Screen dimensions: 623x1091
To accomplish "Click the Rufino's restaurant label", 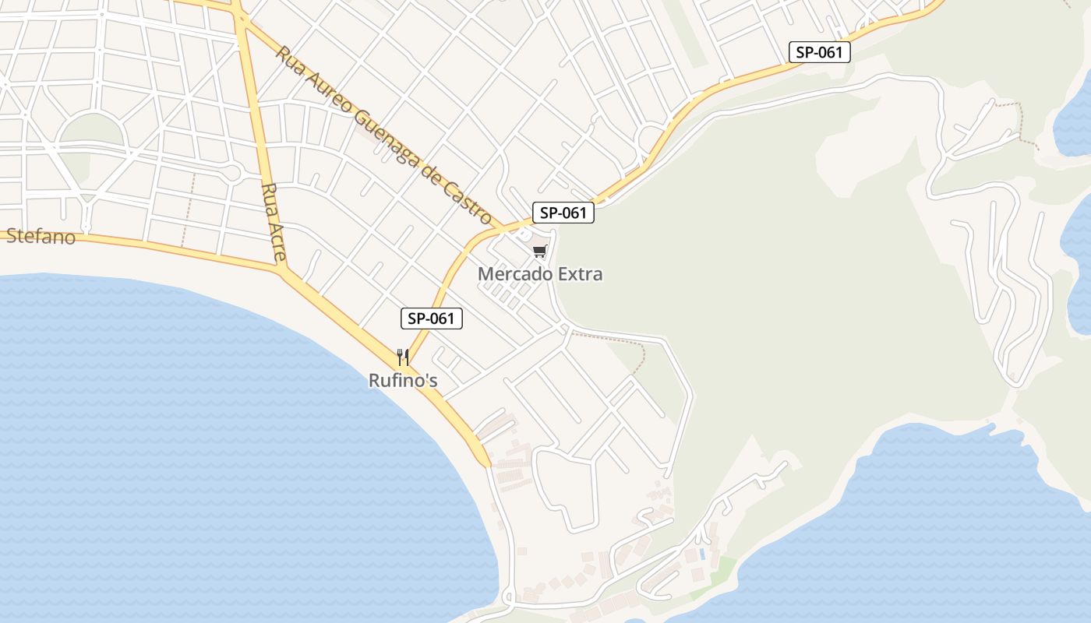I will [x=403, y=381].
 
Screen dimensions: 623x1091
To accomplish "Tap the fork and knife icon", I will [x=403, y=357].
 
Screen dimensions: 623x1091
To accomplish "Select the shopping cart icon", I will [x=539, y=251].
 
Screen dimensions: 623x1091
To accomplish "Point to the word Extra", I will [x=579, y=274].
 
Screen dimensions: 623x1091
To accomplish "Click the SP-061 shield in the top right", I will [x=819, y=52].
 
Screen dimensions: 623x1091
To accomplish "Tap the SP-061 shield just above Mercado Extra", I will [x=563, y=213].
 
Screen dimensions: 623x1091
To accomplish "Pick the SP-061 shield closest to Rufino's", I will [x=432, y=318].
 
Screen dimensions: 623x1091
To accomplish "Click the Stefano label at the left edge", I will [x=41, y=237].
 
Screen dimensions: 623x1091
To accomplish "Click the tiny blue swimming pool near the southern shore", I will [x=703, y=554].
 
